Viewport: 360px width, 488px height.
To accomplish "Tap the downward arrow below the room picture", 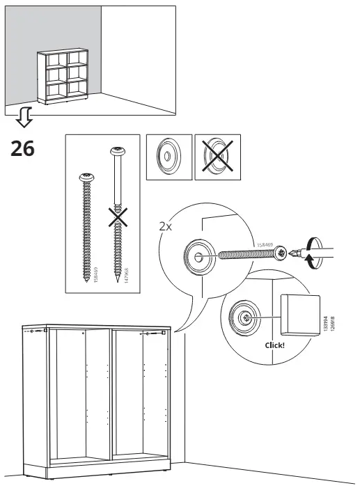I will coord(24,119).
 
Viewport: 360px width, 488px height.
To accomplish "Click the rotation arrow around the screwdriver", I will coord(311,251).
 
